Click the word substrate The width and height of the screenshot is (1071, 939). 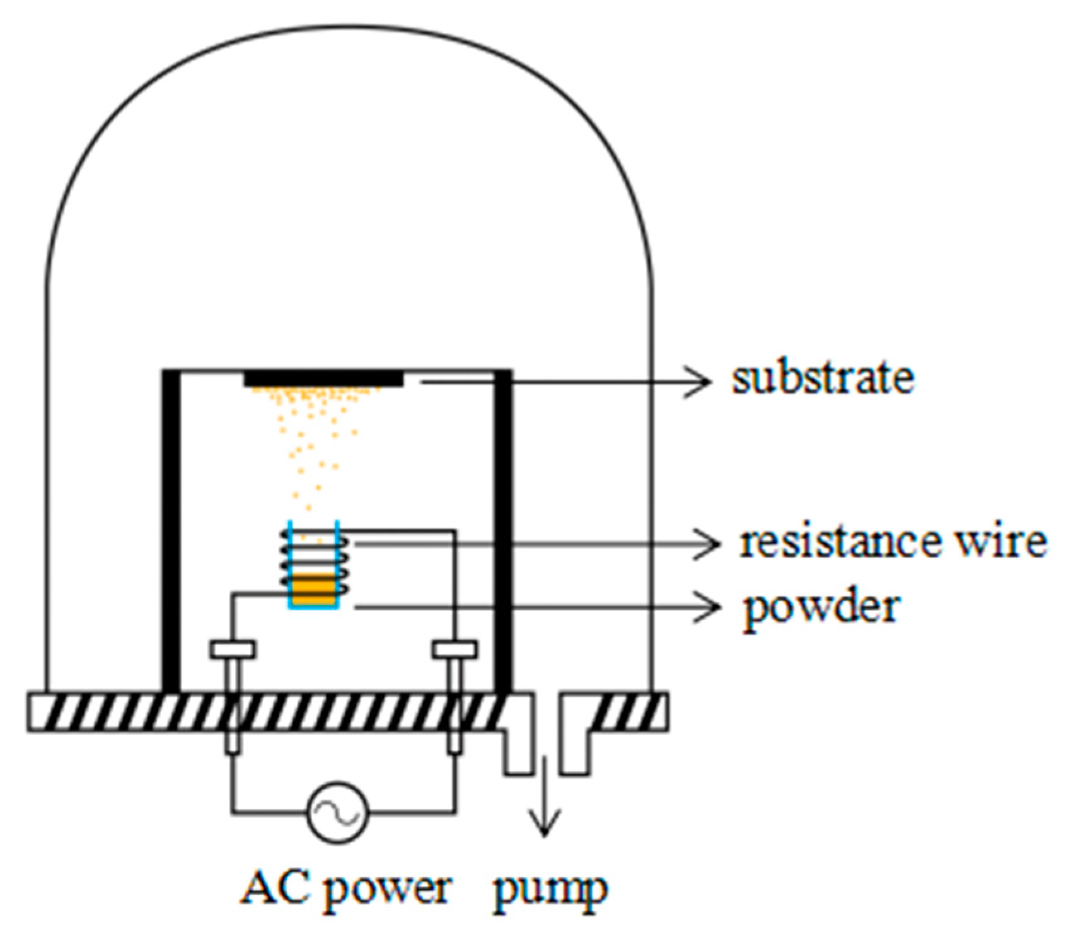(x=822, y=378)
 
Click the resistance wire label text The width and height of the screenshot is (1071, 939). (x=893, y=542)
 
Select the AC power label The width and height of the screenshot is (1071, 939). (x=346, y=889)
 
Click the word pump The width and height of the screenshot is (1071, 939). (x=550, y=890)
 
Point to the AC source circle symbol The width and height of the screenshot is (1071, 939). (x=337, y=812)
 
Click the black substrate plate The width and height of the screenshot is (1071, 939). (x=323, y=378)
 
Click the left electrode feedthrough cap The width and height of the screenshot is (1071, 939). (x=233, y=649)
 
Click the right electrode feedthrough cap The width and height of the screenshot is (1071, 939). (x=454, y=649)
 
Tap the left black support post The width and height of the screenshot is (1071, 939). (x=171, y=530)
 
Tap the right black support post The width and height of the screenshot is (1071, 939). (x=502, y=530)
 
